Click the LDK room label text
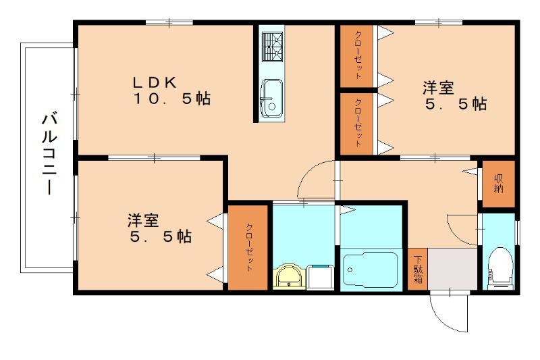pyautogui.click(x=154, y=82)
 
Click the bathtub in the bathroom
pyautogui.click(x=370, y=270)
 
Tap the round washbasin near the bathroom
pyautogui.click(x=290, y=276)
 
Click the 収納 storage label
pyautogui.click(x=499, y=183)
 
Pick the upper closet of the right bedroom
pyautogui.click(x=356, y=56)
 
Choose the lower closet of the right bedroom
pyautogui.click(x=357, y=123)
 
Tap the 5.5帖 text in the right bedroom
pyautogui.click(x=456, y=105)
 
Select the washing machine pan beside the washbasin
pyautogui.click(x=321, y=276)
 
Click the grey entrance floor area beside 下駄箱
pyautogui.click(x=453, y=269)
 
